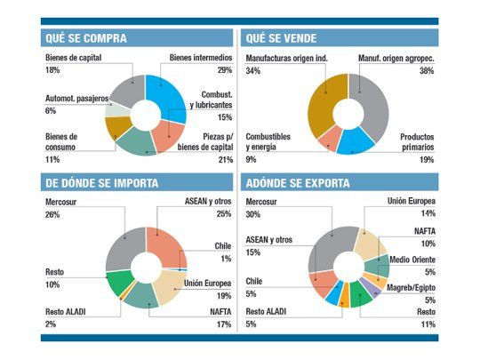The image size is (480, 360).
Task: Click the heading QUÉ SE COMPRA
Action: (x=85, y=38)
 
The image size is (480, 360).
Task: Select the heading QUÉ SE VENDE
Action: (x=279, y=38)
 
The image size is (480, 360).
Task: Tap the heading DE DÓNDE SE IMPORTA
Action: (x=101, y=183)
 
